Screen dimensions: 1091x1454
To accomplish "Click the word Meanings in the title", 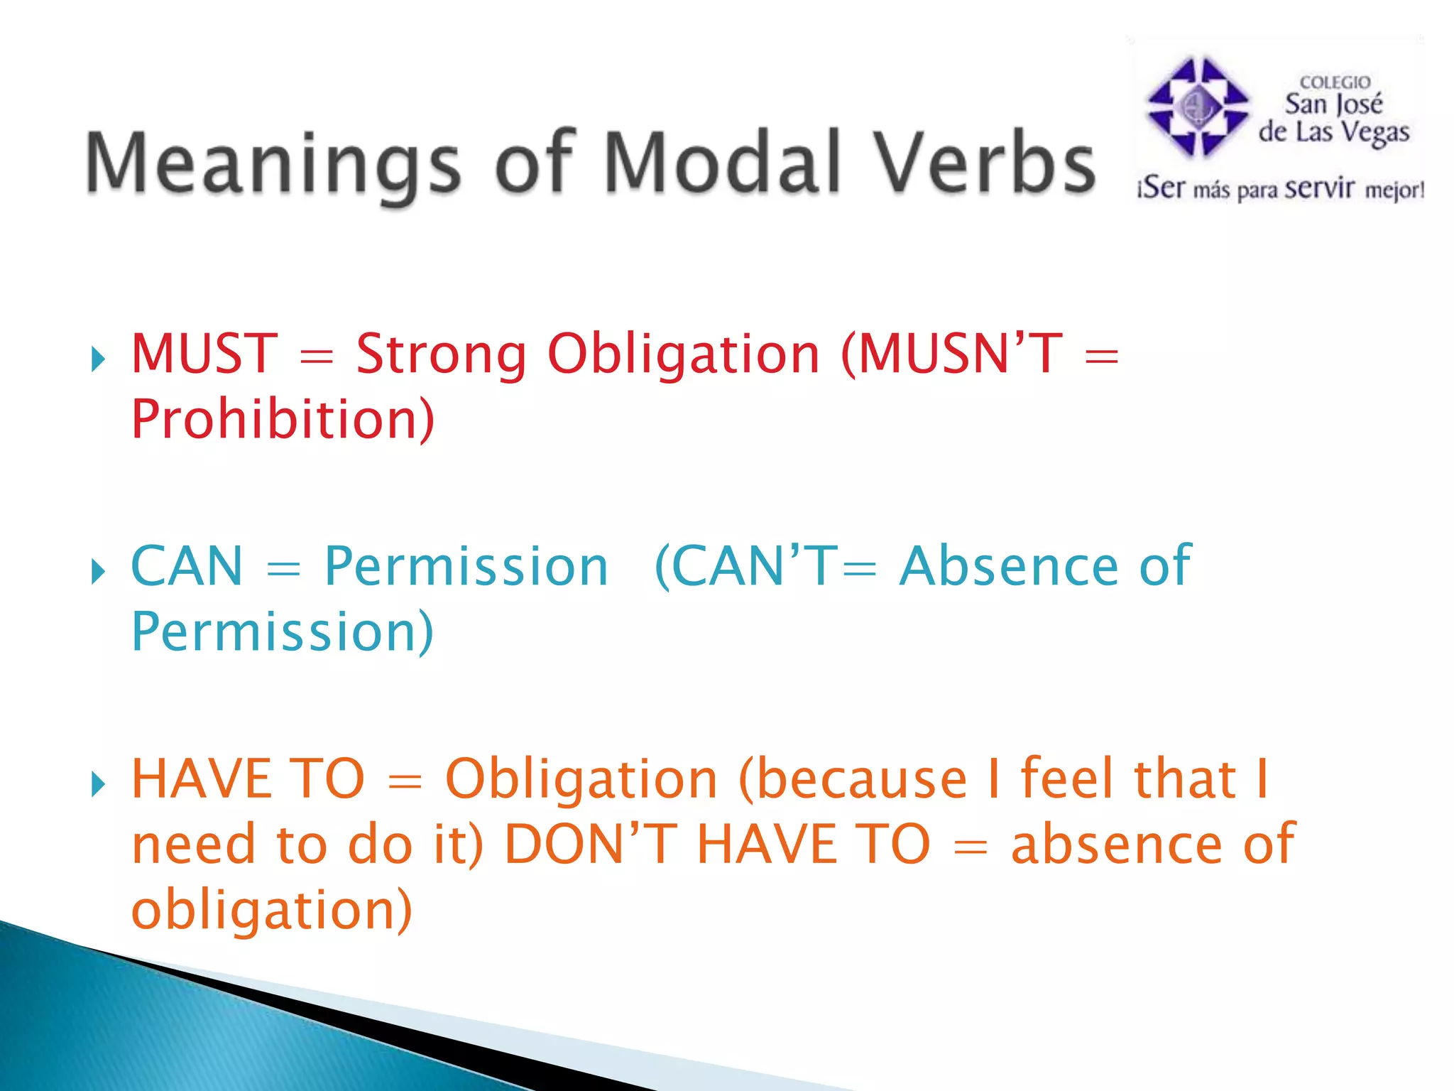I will coord(273,165).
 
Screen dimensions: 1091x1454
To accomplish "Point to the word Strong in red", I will coord(441,355).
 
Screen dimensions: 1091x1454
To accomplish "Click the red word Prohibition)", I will coord(283,419).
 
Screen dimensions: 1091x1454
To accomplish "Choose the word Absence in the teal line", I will coord(1008,566).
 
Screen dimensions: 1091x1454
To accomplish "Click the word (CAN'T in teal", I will coord(745,566).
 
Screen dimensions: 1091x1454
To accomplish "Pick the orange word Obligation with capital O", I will coord(581,780).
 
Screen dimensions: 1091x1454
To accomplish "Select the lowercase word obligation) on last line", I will coord(271,909).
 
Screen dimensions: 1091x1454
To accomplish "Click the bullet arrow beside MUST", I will coord(98,359).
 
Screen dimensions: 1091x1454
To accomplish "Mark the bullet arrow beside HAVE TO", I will coord(98,785).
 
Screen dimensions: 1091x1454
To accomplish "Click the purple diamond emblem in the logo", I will coord(1198,107).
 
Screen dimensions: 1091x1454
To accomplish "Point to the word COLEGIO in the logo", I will coord(1335,82).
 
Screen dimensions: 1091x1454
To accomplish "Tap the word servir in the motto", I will coord(1320,189).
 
